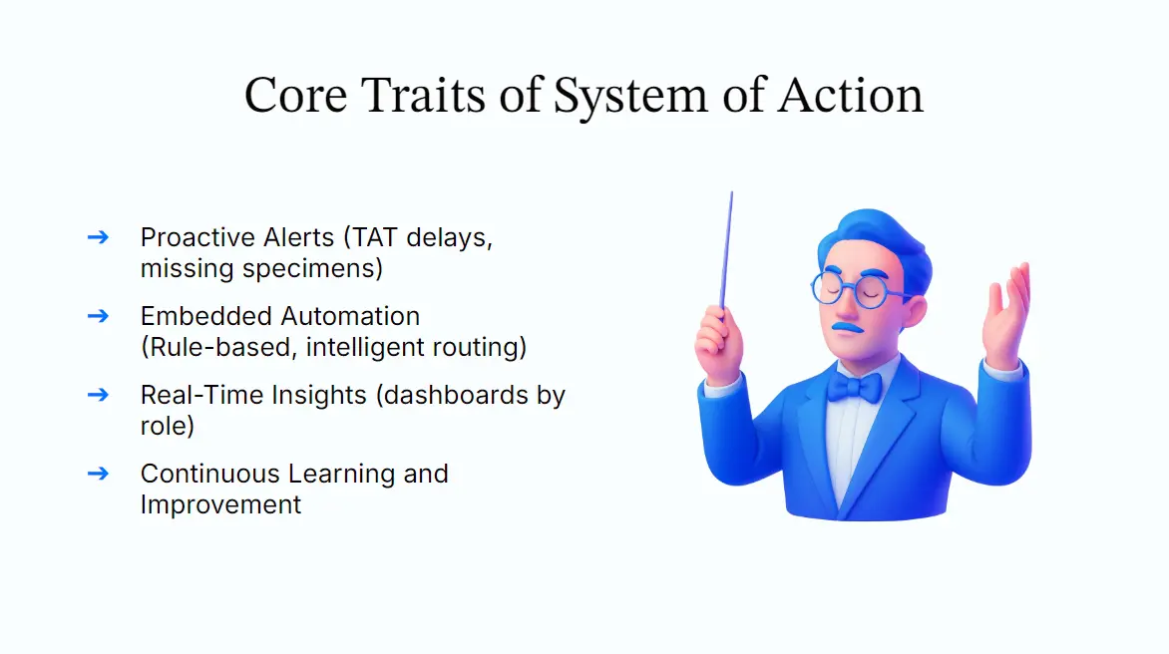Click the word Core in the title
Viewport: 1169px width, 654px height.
(295, 96)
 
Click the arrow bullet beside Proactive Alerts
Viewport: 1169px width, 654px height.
(98, 237)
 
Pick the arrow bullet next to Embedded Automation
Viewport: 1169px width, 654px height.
(98, 316)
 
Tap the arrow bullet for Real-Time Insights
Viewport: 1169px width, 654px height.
(98, 394)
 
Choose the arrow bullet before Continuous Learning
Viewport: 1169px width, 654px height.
(98, 473)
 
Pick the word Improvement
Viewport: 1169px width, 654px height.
(220, 504)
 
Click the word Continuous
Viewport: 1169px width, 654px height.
(209, 473)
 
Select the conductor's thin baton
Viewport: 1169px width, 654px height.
(727, 249)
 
